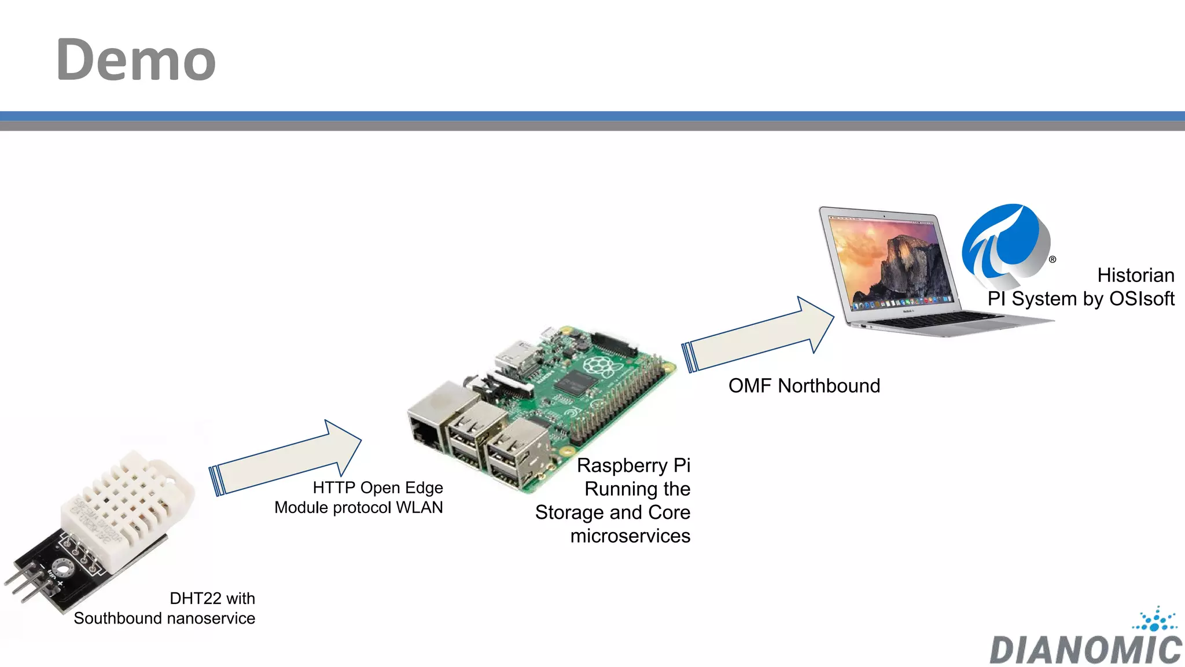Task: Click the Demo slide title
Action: (x=136, y=60)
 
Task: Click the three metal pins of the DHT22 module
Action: (x=23, y=585)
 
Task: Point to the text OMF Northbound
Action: (x=804, y=386)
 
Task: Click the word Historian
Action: (x=1135, y=275)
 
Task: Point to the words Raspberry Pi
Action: (x=634, y=466)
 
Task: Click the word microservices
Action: (x=630, y=536)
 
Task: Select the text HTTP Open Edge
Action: (x=377, y=488)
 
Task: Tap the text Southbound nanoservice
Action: (x=164, y=618)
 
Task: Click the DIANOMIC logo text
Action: (x=1085, y=650)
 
